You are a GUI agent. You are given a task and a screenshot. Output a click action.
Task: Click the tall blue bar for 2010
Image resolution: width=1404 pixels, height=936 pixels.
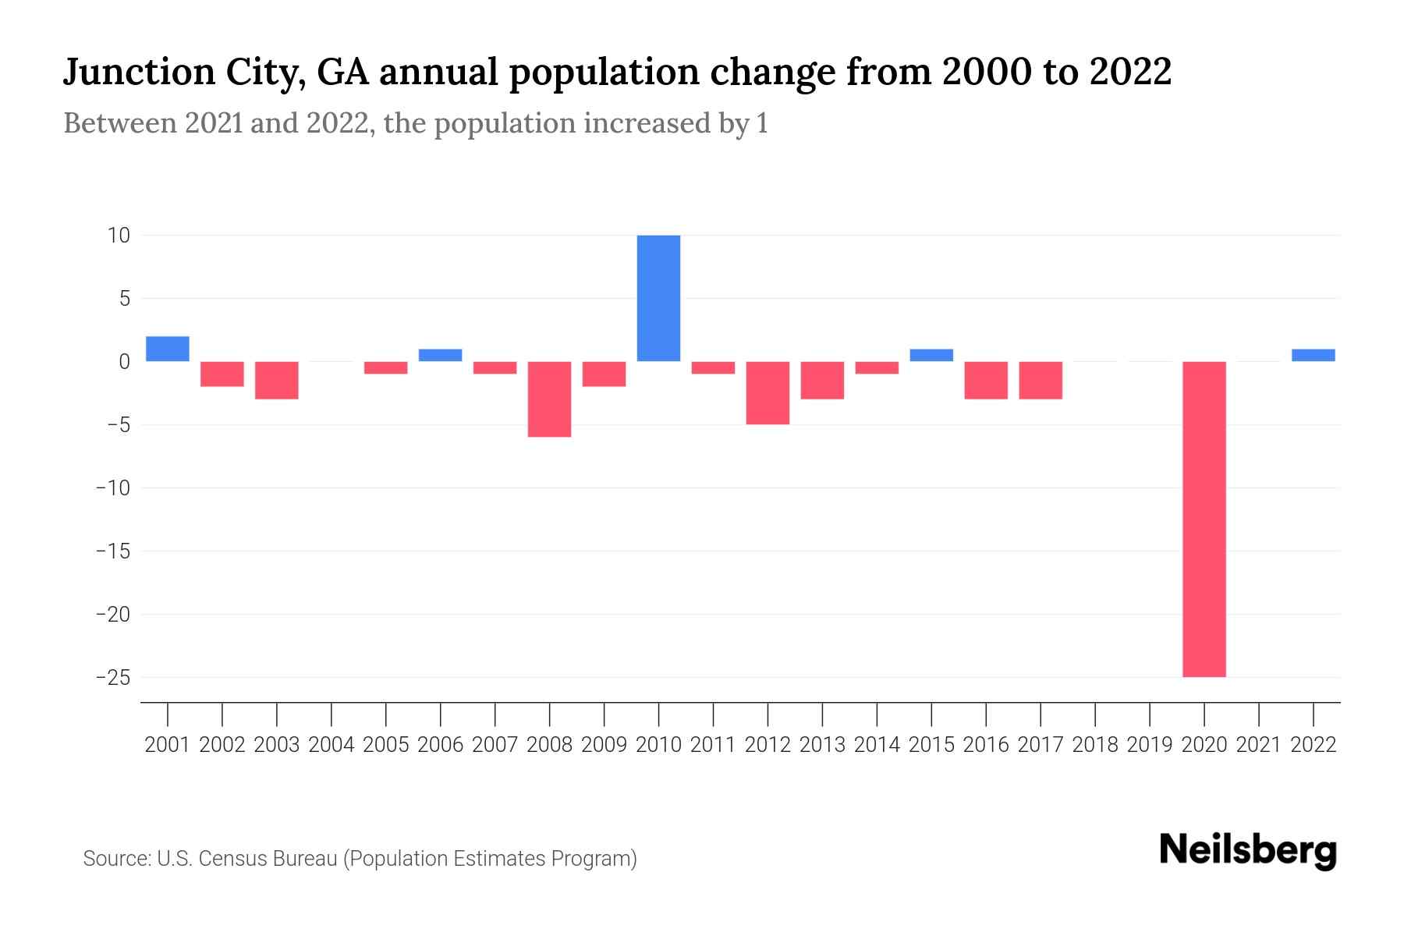point(658,298)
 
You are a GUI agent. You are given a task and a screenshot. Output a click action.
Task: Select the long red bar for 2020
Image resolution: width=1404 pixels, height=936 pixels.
point(1204,519)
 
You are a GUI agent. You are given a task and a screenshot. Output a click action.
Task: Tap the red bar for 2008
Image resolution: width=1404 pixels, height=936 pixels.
point(550,399)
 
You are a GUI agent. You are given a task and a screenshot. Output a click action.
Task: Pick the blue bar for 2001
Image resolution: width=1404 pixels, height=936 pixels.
point(168,349)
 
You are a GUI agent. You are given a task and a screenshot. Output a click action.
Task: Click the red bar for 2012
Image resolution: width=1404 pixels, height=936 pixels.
point(768,392)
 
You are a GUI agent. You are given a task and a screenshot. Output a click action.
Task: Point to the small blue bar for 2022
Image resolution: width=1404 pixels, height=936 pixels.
point(1314,355)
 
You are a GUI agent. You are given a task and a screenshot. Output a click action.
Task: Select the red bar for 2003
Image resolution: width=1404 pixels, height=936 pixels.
point(277,380)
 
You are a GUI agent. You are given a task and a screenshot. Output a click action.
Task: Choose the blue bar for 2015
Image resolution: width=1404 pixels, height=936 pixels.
point(931,355)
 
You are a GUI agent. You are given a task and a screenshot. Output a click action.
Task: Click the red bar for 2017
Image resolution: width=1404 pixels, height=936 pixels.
point(1041,380)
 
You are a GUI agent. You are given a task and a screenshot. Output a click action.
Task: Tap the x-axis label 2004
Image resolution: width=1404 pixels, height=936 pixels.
point(331,745)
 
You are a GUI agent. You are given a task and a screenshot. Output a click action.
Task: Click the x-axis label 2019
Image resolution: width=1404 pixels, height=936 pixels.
point(1150,745)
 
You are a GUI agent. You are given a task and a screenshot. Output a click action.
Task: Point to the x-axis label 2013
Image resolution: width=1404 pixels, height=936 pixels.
point(822,745)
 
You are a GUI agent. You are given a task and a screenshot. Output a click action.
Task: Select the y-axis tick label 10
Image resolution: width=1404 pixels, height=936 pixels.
point(119,235)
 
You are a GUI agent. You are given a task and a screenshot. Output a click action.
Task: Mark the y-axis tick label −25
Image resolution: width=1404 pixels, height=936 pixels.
point(112,677)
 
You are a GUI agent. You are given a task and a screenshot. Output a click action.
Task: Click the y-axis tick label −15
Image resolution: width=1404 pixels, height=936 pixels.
point(112,551)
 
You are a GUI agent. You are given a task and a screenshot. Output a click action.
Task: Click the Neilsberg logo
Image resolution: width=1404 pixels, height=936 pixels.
point(1248,850)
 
